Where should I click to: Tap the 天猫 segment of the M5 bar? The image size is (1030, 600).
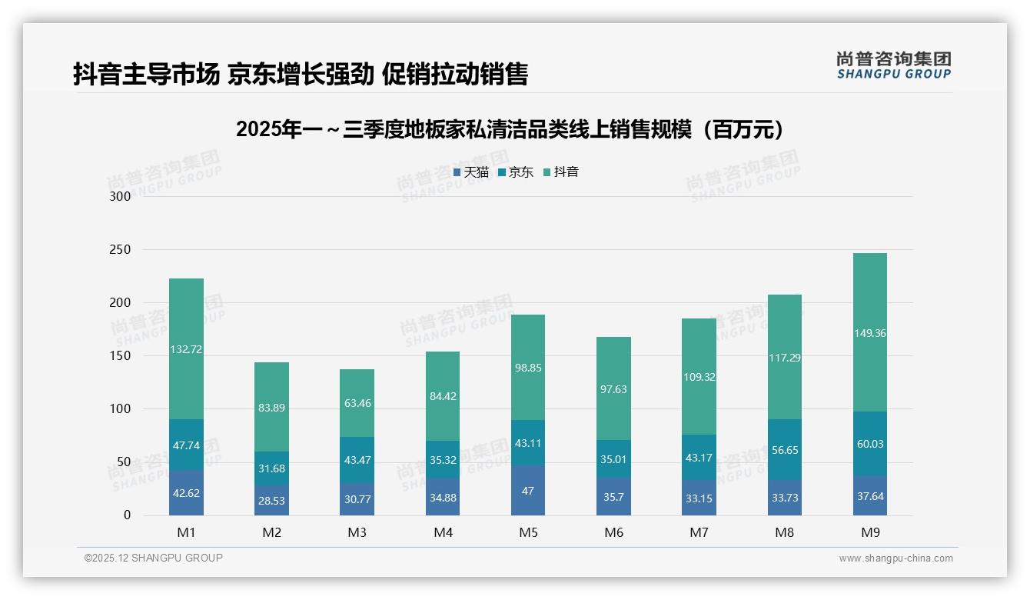[527, 490]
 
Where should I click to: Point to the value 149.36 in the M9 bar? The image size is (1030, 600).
[869, 333]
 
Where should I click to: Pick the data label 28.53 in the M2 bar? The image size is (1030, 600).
[272, 500]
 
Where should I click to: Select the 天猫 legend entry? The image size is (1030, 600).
[471, 172]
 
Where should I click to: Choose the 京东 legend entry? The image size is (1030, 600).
[516, 172]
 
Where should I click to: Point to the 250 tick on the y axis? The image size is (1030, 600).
[121, 250]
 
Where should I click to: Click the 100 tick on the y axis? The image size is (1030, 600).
[121, 409]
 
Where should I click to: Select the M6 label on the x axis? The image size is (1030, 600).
[613, 532]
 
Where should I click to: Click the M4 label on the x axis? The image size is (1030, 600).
[443, 532]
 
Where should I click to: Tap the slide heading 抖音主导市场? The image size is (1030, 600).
[301, 74]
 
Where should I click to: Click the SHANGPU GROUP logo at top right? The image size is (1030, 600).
[893, 65]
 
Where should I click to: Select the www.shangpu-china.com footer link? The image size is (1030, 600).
[895, 558]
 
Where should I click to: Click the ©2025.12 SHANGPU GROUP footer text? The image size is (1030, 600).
[154, 558]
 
